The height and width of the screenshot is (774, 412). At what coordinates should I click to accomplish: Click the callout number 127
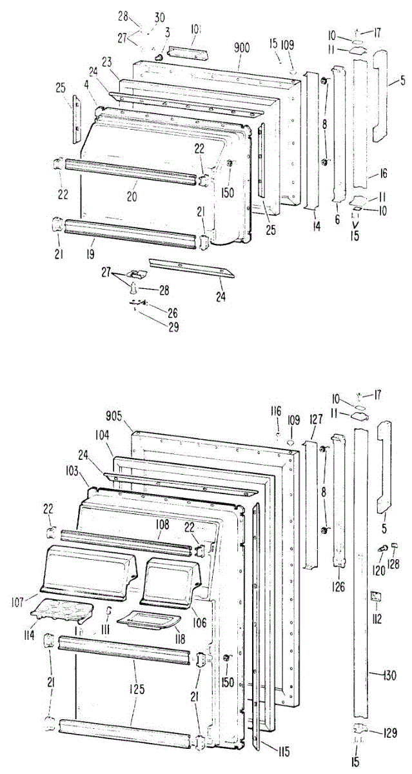coord(315,419)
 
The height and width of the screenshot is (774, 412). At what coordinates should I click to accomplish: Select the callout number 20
coord(132,194)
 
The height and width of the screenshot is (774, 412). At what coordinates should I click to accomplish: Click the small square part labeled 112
coord(375,597)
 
